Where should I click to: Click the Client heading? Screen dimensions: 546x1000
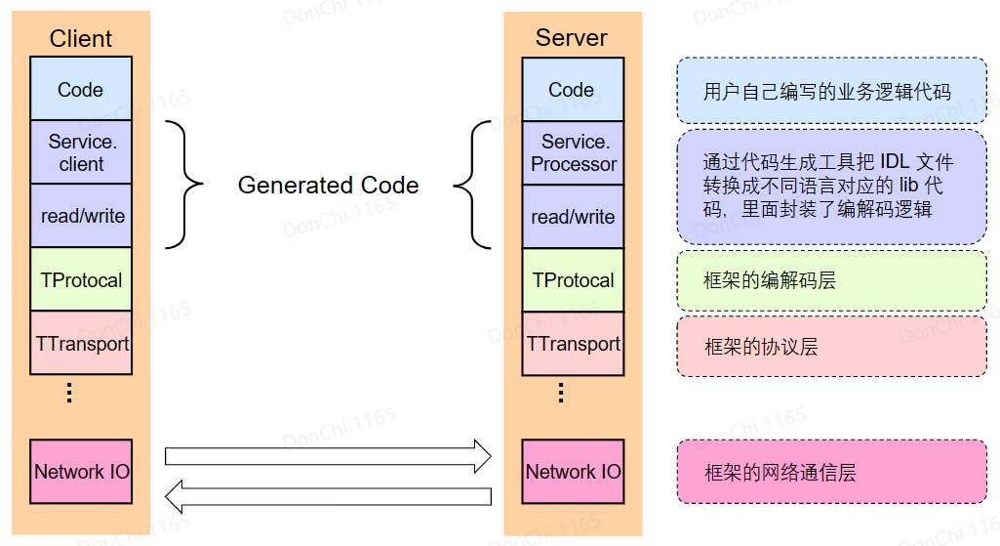click(81, 39)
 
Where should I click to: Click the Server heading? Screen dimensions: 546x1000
click(572, 38)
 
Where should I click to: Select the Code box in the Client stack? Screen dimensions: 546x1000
click(80, 90)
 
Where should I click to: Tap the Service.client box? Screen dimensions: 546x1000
click(81, 152)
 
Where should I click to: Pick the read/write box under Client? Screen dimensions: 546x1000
click(81, 216)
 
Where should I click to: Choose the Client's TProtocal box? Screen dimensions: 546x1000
click(81, 280)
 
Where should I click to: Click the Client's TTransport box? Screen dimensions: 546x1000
click(81, 343)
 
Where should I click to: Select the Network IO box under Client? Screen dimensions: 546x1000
click(81, 472)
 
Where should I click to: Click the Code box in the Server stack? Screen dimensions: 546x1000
click(572, 90)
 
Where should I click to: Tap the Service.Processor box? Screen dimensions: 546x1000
click(573, 152)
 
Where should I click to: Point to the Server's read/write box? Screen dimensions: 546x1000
click(573, 216)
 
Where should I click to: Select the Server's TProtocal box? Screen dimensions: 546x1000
click(573, 280)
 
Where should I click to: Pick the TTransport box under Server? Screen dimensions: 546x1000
click(573, 343)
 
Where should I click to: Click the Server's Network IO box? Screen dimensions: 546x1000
click(573, 472)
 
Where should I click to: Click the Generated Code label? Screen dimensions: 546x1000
click(328, 185)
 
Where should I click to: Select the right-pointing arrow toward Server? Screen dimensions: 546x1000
click(328, 455)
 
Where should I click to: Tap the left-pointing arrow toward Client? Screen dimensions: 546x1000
click(328, 495)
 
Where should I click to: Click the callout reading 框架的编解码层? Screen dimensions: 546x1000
click(831, 281)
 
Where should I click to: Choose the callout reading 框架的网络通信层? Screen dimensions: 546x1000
click(831, 473)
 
